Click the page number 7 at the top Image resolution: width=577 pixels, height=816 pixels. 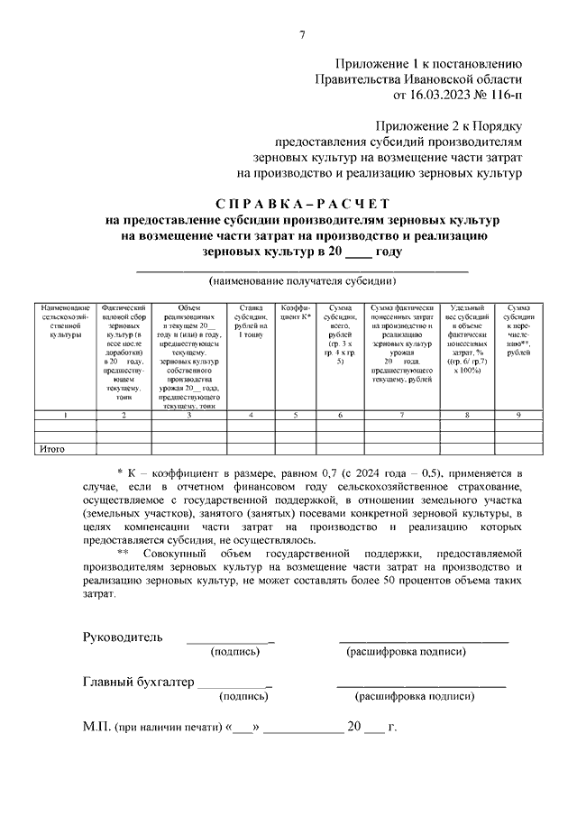point(303,35)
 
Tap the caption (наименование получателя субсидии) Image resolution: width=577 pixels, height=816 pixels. point(302,280)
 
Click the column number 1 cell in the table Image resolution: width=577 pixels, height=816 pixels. point(65,415)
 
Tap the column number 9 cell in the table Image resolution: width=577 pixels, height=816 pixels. point(518,415)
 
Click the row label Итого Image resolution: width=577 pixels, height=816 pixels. point(50,448)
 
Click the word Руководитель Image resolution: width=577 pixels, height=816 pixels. point(123,637)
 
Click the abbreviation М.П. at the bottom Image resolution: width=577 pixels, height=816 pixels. point(97,726)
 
